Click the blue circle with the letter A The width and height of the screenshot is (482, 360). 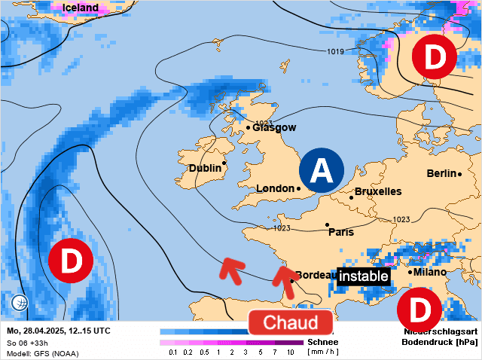point(321,170)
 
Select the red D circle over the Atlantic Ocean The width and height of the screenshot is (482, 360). point(70,261)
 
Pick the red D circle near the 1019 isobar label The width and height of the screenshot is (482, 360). point(434,56)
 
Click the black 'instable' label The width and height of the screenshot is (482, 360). point(363,276)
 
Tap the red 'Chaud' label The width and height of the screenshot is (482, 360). point(290,322)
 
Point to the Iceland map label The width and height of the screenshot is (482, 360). point(81,8)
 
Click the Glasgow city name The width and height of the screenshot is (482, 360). point(274,127)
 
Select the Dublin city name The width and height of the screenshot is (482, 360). point(204,168)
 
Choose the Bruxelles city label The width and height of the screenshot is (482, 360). point(377,191)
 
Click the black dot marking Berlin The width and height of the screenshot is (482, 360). point(460,174)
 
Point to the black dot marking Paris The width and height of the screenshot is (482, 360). point(327,224)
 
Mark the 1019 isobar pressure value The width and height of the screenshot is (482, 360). point(336,51)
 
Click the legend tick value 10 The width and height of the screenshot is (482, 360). point(291,352)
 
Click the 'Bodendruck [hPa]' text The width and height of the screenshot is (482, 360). point(440,342)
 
